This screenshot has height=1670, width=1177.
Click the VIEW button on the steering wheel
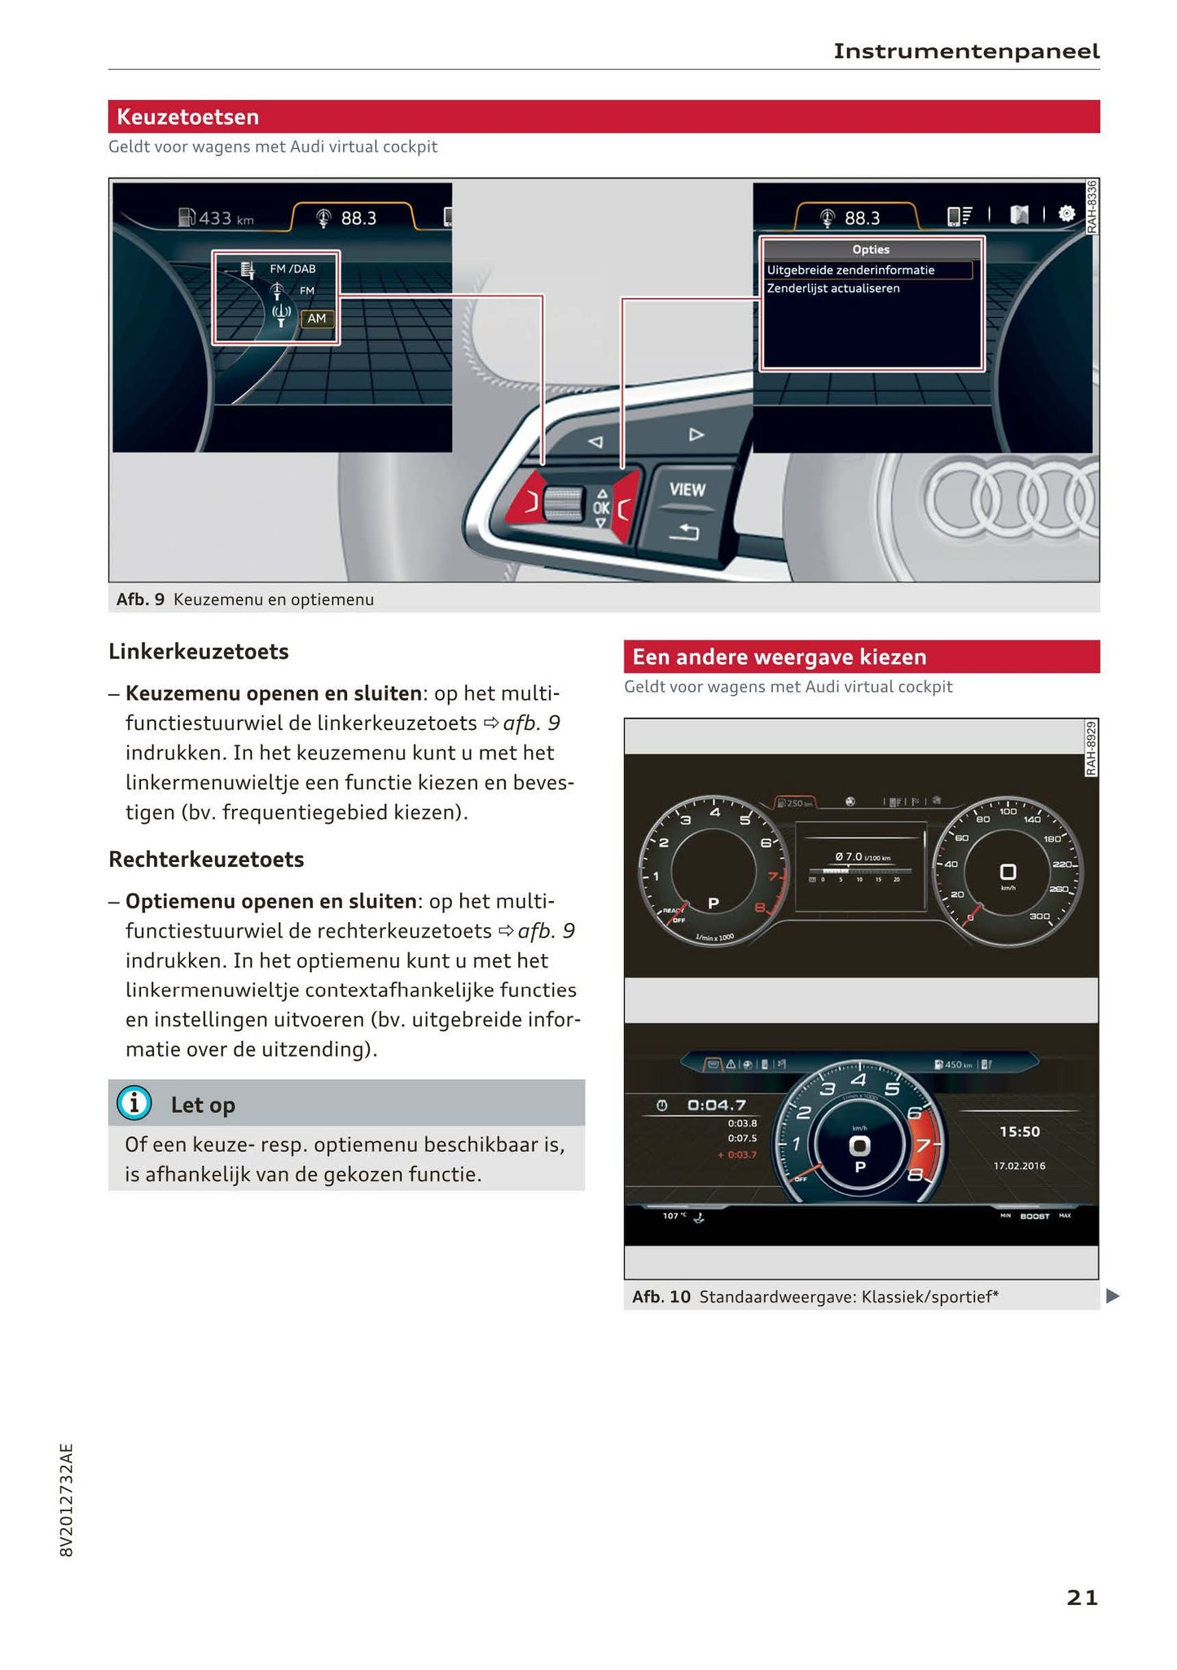[x=687, y=490]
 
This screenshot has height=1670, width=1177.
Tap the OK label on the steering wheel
[x=601, y=508]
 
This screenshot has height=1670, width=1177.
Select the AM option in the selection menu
[x=317, y=319]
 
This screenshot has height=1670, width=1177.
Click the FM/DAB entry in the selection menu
[x=292, y=269]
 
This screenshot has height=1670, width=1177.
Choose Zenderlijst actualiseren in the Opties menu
[x=833, y=288]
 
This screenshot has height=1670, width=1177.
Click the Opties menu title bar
[x=871, y=249]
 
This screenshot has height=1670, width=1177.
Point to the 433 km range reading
[x=217, y=218]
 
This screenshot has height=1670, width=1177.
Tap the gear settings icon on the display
[x=1066, y=214]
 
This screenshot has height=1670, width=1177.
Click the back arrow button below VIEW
[x=683, y=533]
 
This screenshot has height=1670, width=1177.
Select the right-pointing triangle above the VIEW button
[x=696, y=434]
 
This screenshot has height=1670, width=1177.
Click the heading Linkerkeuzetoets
[x=199, y=652]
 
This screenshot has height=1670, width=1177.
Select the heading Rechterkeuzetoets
[x=206, y=859]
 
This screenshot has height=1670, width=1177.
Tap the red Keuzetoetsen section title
[x=188, y=116]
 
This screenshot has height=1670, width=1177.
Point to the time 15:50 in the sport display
[x=1019, y=1132]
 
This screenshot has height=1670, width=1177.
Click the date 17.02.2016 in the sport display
[x=1019, y=1166]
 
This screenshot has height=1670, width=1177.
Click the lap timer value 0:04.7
[x=717, y=1105]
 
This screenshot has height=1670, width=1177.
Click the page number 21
[x=1082, y=1597]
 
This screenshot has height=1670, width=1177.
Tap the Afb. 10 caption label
[x=661, y=1296]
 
